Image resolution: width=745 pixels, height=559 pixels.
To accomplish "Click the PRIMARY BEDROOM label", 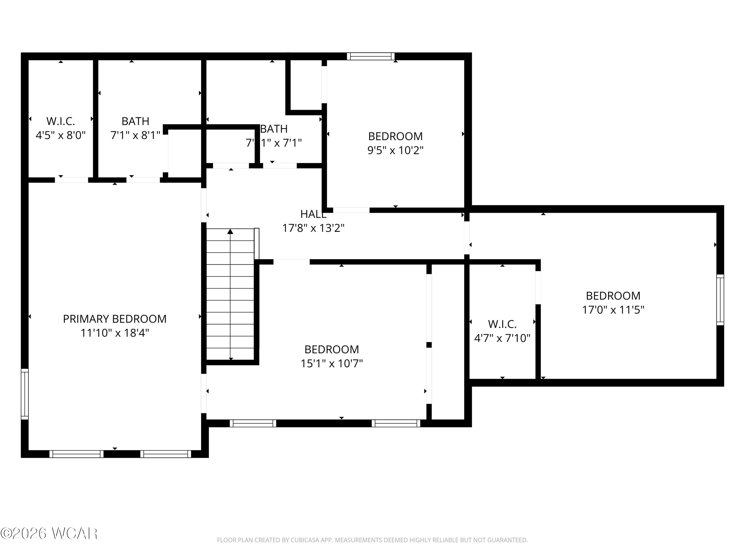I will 114,319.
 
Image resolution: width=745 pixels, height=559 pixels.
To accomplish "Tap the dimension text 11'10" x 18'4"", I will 114,333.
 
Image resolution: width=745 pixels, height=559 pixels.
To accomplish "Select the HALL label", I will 313,214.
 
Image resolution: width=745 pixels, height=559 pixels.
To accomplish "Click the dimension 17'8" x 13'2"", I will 313,228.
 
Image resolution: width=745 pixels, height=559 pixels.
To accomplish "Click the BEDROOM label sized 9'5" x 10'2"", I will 395,136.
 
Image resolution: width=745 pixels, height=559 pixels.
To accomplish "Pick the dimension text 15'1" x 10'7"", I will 332,363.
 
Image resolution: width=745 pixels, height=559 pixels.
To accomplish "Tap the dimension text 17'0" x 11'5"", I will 613,310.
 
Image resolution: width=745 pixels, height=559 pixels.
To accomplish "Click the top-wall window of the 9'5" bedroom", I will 371,56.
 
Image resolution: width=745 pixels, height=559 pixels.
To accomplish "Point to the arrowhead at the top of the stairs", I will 230,232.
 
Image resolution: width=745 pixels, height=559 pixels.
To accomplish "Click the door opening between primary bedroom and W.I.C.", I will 72,180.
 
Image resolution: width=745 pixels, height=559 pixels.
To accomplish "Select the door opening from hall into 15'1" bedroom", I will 291,262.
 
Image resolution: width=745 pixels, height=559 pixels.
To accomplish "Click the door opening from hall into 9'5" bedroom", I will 351,210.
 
